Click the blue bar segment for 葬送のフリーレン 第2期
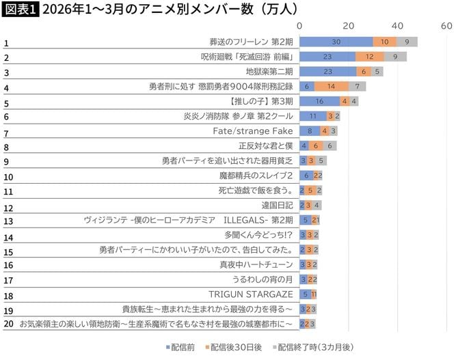[x=336, y=42]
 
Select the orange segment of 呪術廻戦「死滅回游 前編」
[x=369, y=57]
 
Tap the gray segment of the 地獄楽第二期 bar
[x=378, y=71]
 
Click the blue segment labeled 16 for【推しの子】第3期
[x=319, y=101]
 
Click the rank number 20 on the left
[x=8, y=323]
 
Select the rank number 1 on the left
[x=6, y=44]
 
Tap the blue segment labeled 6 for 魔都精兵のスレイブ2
[x=306, y=176]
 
